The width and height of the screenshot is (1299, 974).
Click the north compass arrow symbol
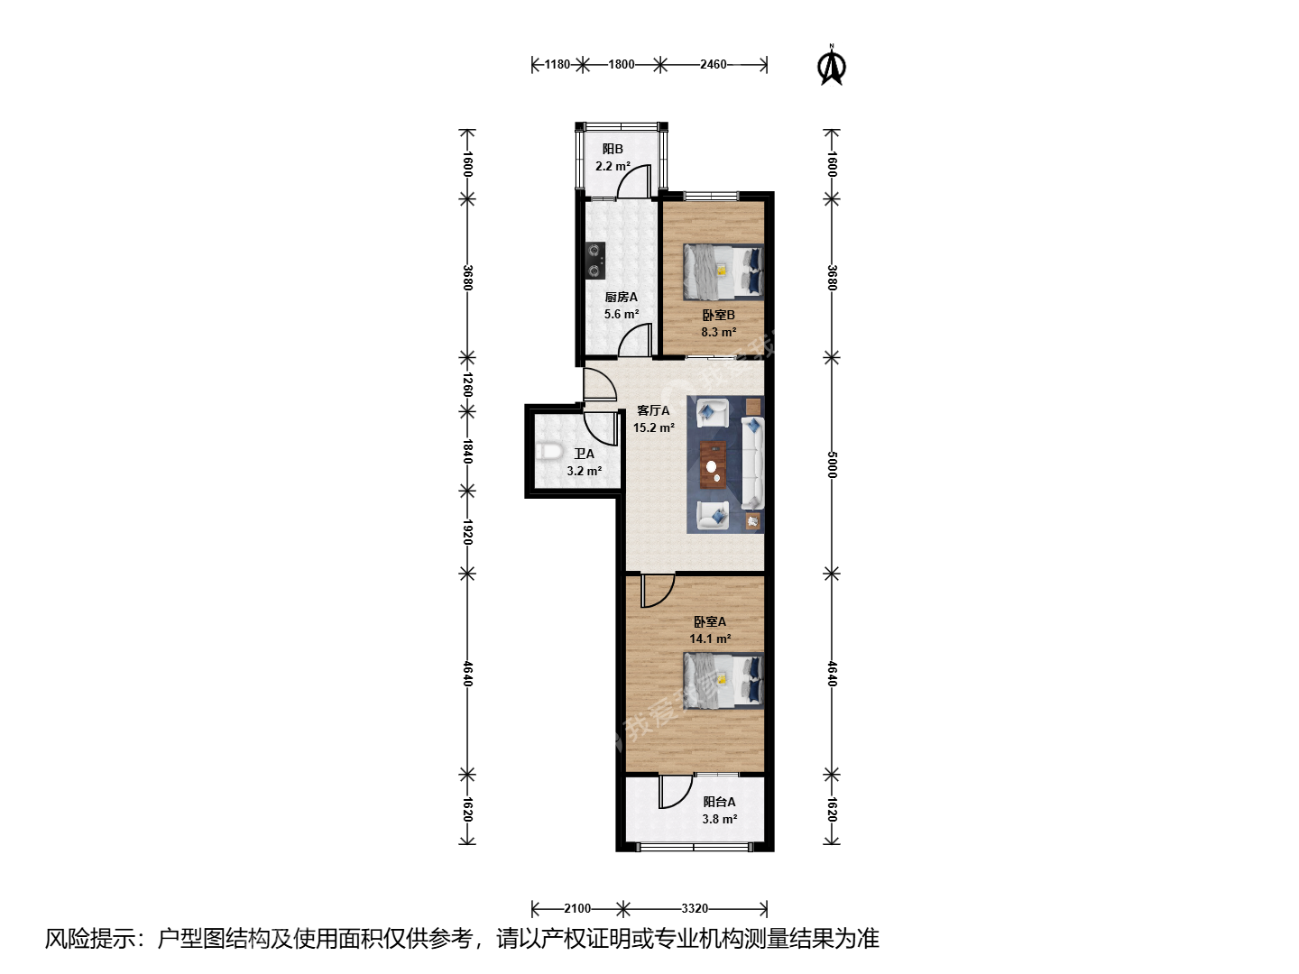pos(832,66)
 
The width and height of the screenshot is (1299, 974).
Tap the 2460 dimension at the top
pos(714,64)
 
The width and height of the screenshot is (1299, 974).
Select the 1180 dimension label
pos(557,64)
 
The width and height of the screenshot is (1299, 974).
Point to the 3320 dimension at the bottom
pos(695,908)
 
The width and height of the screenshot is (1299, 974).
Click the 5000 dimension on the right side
pos(832,464)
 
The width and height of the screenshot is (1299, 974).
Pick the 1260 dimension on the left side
pos(467,384)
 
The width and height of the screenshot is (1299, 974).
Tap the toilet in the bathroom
pos(549,453)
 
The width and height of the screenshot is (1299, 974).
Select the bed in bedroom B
pos(723,271)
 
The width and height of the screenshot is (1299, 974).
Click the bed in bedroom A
pos(723,680)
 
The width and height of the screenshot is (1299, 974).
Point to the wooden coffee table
pos(714,464)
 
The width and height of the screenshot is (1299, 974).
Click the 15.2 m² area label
pos(654,427)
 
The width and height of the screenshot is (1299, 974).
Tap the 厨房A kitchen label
pos(621,297)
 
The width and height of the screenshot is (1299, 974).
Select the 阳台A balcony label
pos(719,802)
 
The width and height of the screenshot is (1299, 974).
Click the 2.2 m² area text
pos(613,166)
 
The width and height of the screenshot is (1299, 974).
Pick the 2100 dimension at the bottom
pos(577,908)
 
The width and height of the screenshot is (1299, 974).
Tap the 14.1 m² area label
pos(710,639)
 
